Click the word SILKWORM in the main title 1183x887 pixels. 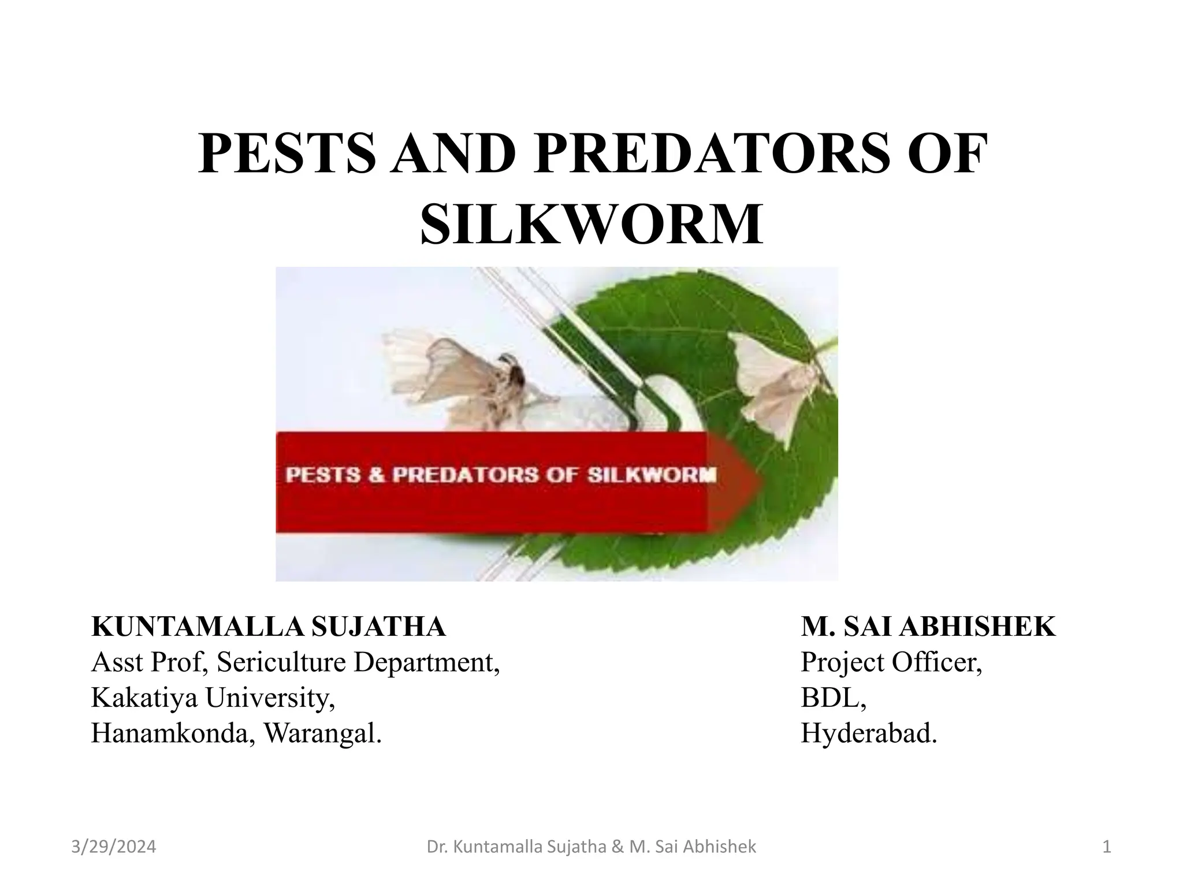pos(591,224)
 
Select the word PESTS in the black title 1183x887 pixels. pos(285,153)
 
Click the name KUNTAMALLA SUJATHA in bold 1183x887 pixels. pos(269,627)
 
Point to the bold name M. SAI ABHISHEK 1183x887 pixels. pos(928,627)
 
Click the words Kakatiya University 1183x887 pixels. pos(212,698)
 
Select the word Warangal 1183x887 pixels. pos(322,733)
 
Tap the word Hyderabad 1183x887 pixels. pos(868,733)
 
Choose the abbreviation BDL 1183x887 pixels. pos(832,698)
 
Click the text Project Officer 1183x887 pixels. pos(891,662)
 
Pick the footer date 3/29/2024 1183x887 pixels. pos(114,847)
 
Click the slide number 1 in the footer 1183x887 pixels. pos(1107,847)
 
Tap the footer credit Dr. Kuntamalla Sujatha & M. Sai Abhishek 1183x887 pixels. pos(591,847)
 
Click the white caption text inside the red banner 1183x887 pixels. pos(501,475)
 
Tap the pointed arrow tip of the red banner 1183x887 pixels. pos(751,481)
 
